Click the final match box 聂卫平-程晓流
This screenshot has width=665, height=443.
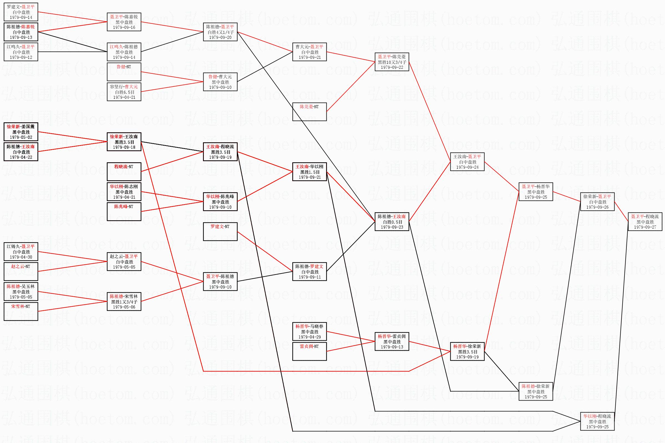645,222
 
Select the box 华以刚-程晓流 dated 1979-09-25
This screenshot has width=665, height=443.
597,421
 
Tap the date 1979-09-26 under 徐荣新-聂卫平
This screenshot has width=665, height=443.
597,207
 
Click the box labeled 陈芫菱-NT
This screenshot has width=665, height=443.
309,112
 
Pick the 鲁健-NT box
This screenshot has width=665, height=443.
124,72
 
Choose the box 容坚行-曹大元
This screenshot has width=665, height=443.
124,92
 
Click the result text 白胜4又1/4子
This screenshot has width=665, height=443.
220,32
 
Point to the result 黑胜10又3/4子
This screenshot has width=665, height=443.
392,62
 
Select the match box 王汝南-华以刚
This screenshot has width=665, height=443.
309,172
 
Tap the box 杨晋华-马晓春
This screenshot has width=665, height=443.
309,331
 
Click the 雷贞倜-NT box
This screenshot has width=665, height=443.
309,351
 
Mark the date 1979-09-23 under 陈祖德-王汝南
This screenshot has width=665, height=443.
392,227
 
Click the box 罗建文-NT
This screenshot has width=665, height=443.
220,232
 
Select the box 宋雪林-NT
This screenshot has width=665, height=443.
21,311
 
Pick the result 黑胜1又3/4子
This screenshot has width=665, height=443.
124,302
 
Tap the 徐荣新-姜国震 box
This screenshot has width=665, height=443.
21,132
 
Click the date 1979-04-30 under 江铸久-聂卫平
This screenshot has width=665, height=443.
21,257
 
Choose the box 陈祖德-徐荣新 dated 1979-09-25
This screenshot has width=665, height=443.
536,391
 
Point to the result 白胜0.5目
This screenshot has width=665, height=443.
392,222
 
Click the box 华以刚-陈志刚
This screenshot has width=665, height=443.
124,192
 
